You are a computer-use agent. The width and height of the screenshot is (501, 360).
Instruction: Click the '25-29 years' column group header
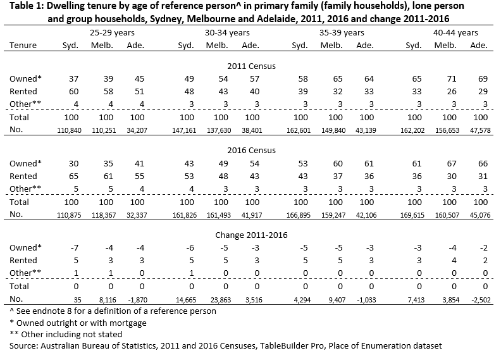(101, 32)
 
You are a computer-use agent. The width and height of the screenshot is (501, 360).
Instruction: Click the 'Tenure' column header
(23, 46)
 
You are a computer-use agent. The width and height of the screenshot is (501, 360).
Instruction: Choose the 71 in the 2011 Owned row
(449, 78)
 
